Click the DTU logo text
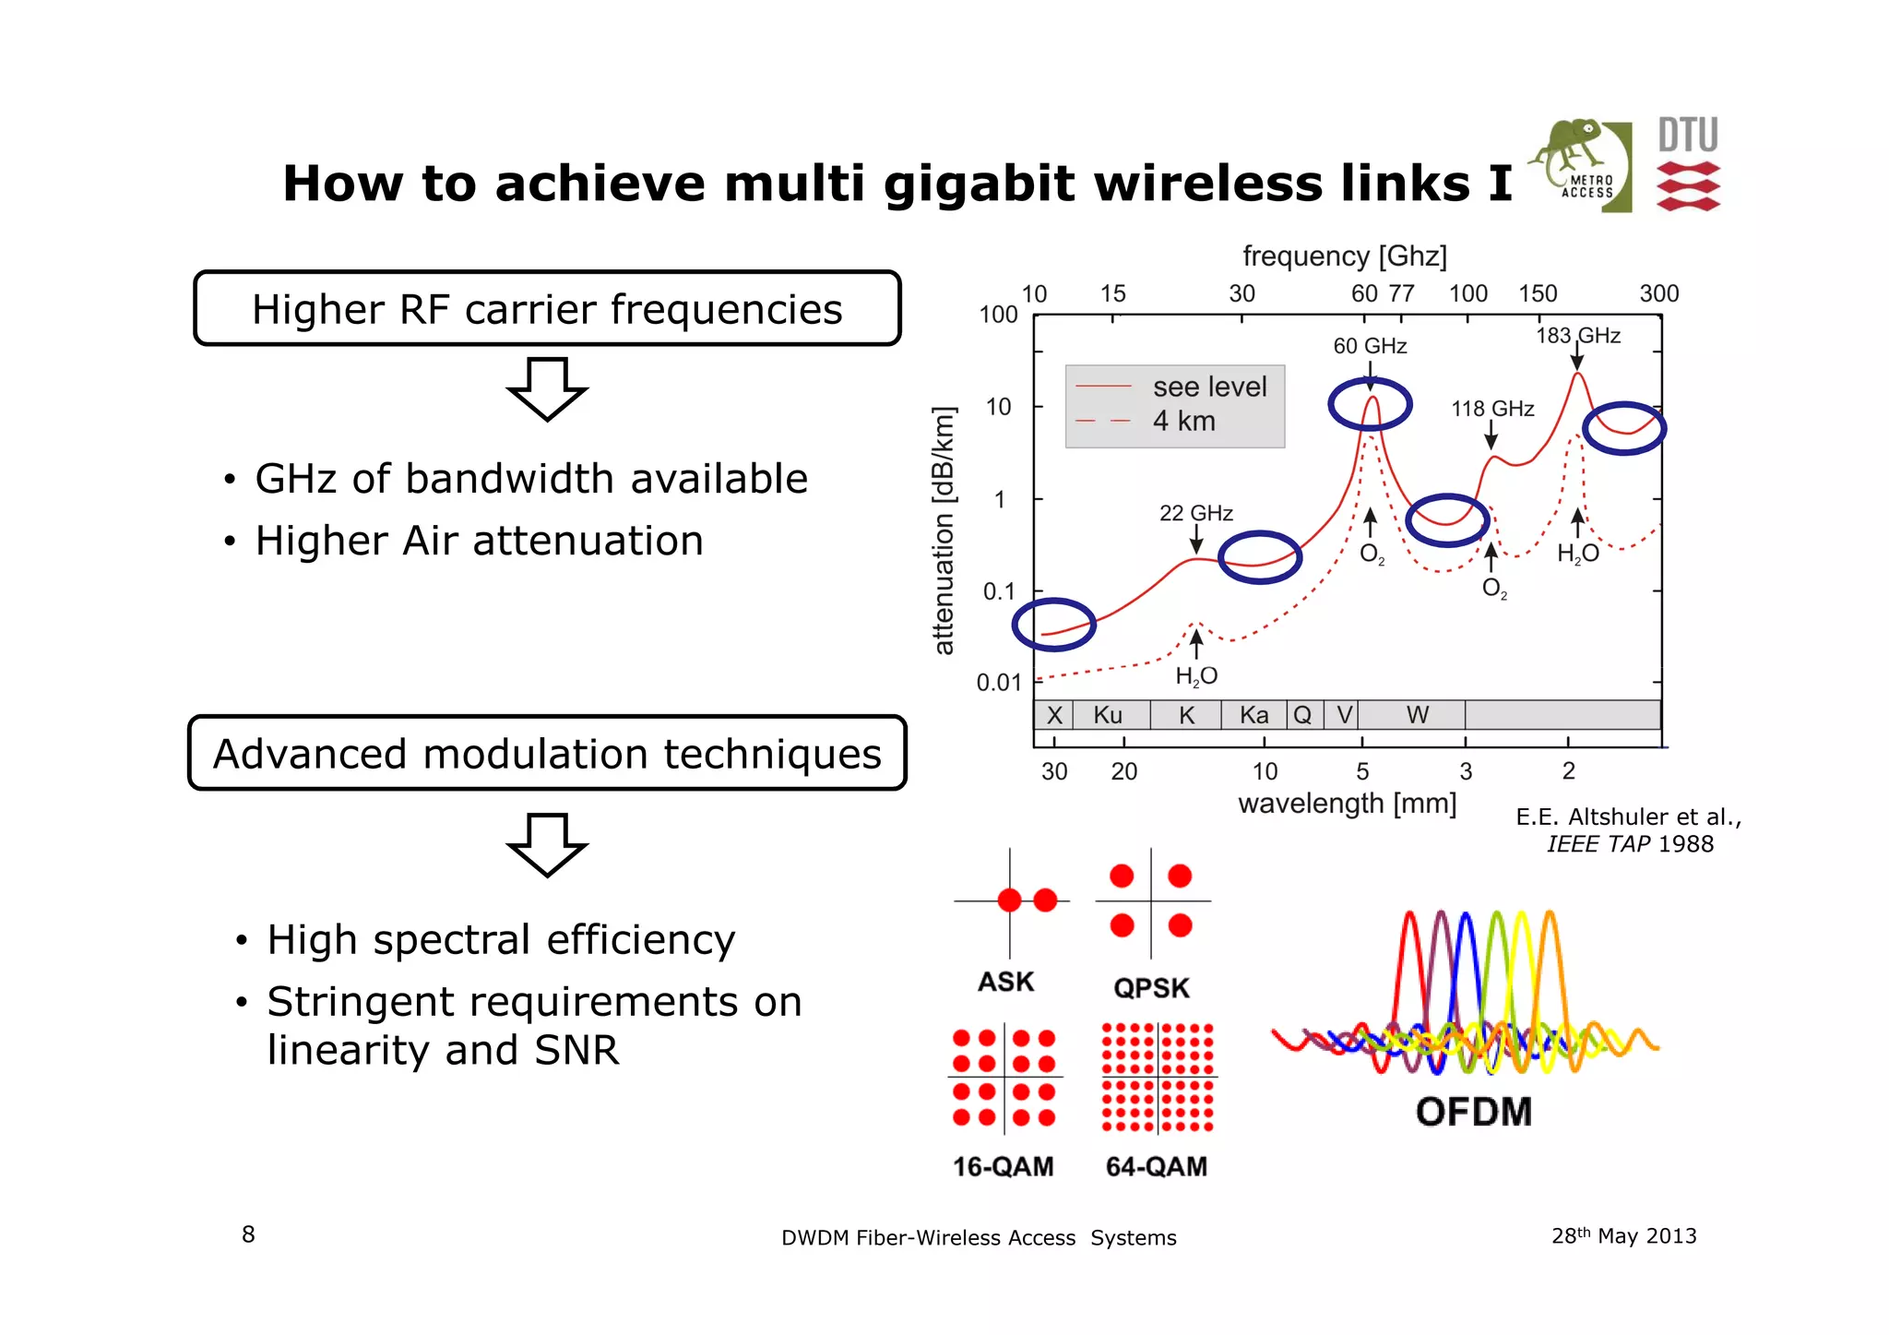coord(1688,136)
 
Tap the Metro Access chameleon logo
coord(1579,163)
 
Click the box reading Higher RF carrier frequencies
coord(547,309)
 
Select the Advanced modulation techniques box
coord(547,754)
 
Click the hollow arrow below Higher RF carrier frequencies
coord(547,388)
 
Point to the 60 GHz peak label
coord(1370,346)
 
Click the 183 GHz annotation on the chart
coord(1577,336)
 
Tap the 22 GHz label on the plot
coord(1195,513)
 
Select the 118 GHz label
coord(1492,409)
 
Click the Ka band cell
coord(1253,715)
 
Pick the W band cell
coord(1417,715)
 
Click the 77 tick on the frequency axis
coord(1402,293)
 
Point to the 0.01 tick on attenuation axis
coord(999,683)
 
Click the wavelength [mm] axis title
coord(1347,804)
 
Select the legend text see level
coord(1209,387)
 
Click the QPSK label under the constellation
coord(1151,988)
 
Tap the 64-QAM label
coord(1157,1166)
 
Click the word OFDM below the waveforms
coord(1473,1112)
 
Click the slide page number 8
coord(248,1234)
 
